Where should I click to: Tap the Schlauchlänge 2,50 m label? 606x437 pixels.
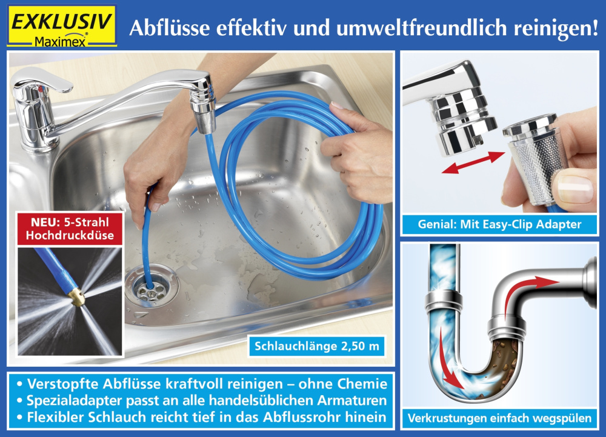[x=317, y=347]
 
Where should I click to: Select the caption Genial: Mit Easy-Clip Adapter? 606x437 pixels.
[x=499, y=224]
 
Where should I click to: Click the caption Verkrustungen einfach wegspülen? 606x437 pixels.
[x=499, y=418]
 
